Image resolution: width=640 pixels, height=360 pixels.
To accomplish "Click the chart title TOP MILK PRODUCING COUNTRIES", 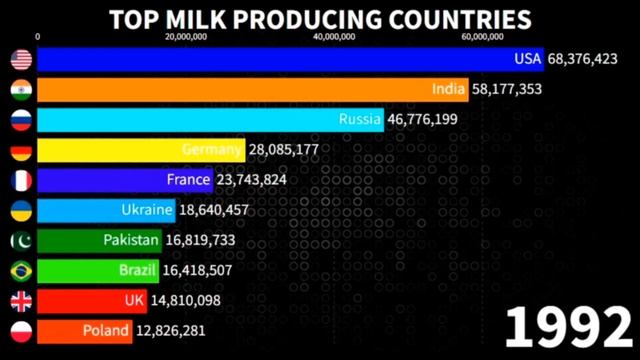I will tap(319, 18).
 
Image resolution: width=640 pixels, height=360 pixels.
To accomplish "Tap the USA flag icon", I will tap(21, 60).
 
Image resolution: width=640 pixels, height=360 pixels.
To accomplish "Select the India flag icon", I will tap(21, 90).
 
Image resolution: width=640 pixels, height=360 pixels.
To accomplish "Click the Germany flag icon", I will tap(21, 151).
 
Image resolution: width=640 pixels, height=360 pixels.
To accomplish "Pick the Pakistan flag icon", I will tap(21, 241).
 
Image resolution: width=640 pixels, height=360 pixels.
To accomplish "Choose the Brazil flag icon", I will tap(21, 271).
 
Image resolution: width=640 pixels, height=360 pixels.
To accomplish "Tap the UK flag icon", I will tap(21, 301).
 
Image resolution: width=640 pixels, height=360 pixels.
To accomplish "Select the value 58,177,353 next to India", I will tap(513, 89).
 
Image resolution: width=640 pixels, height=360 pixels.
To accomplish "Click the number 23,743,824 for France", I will tap(257, 180).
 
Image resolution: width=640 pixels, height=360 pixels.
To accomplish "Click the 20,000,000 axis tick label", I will tap(185, 36).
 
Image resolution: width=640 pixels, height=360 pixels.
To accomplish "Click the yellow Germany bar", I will tap(140, 150).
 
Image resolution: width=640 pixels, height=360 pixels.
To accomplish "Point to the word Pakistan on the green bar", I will tap(131, 240).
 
